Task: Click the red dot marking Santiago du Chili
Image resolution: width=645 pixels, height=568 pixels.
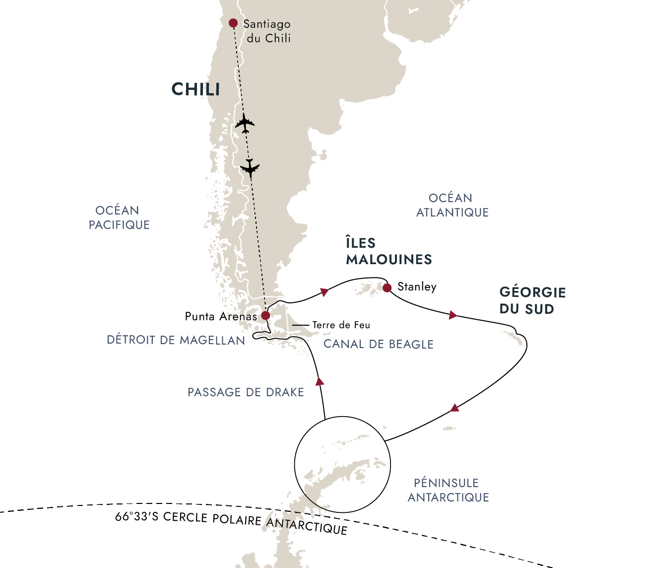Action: [x=233, y=23]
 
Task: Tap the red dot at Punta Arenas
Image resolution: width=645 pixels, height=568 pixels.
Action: [x=265, y=316]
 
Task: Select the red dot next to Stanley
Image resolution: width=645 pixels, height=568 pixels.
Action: [x=387, y=288]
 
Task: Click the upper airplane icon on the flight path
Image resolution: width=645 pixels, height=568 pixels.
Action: [x=245, y=123]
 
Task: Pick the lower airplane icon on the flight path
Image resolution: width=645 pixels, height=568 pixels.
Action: [x=250, y=168]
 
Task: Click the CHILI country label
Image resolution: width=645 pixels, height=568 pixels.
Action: [x=195, y=89]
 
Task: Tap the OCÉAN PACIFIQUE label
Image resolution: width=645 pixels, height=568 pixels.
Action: [x=119, y=217]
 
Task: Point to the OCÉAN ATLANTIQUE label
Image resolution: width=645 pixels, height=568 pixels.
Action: [x=452, y=205]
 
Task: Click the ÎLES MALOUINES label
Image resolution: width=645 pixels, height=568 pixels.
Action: [x=388, y=251]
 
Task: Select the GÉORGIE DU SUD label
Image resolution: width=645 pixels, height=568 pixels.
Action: [x=532, y=300]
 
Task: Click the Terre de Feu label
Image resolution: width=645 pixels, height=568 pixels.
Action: [x=341, y=325]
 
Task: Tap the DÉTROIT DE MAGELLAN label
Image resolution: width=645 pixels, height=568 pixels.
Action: [x=176, y=340]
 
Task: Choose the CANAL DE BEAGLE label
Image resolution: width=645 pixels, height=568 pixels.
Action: [x=379, y=344]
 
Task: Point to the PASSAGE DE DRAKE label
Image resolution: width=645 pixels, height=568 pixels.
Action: [x=246, y=392]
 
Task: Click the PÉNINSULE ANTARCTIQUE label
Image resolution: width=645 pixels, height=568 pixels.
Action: [x=448, y=490]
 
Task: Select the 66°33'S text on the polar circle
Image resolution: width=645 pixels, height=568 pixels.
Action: [x=137, y=517]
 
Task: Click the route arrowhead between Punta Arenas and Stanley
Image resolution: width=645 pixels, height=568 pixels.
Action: [x=324, y=291]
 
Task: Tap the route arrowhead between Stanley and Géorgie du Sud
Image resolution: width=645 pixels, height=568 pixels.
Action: [x=452, y=315]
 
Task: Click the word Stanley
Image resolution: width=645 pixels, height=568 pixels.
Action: [x=417, y=286]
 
